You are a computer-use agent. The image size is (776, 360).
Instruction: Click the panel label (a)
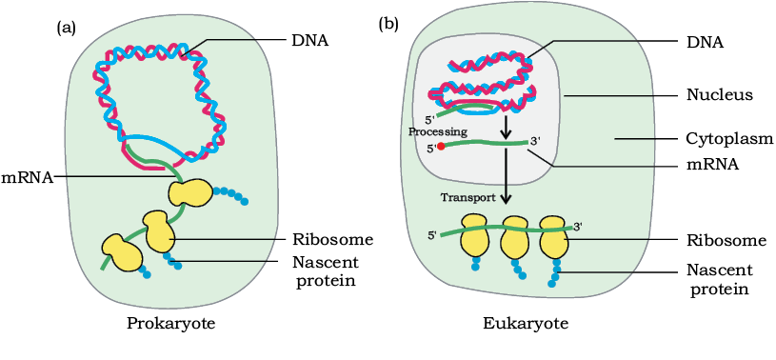67,29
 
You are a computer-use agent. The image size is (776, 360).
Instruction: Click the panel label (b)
388,24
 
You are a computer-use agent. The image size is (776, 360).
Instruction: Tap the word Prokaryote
171,325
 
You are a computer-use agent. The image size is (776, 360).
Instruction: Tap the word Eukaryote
526,325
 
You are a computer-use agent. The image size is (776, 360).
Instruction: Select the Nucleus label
720,94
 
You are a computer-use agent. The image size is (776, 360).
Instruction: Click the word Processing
437,132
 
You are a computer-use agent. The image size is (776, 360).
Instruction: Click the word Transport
468,197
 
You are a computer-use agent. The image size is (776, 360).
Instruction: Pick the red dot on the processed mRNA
442,147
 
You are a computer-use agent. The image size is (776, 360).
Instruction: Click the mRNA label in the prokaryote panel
27,177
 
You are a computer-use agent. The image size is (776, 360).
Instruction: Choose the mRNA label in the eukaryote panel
712,165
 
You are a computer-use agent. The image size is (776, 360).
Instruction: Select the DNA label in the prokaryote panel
309,40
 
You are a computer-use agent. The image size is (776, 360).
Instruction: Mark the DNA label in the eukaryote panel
705,43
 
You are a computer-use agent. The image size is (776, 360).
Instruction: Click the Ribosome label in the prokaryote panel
331,240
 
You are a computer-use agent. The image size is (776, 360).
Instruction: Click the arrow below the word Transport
506,176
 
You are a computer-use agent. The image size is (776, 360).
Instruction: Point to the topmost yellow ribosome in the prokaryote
190,192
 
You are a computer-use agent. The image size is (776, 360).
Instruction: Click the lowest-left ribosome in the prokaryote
122,252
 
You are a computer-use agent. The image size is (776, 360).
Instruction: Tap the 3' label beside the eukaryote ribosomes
578,227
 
